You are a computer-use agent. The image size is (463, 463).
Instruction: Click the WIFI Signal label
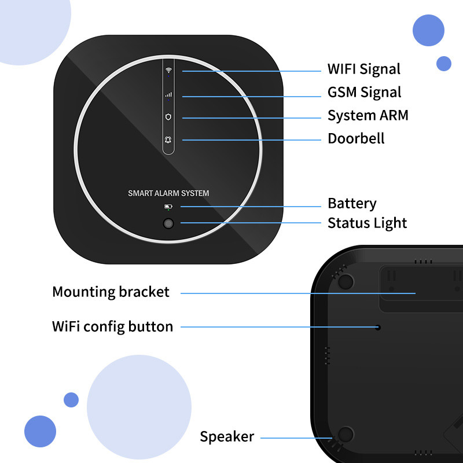(363, 69)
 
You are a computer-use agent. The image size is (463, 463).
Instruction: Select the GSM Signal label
(364, 92)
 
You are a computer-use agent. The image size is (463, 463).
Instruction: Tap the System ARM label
(368, 115)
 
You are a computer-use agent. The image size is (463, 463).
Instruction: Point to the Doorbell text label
(356, 138)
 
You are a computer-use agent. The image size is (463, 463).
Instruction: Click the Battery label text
(352, 204)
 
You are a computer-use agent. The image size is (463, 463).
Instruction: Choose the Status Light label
(367, 223)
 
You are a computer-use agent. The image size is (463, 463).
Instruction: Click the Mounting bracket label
(111, 292)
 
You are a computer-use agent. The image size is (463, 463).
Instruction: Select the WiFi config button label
(112, 326)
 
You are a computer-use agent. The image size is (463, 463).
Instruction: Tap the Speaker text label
(227, 436)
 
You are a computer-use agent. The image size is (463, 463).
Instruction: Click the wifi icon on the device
(168, 70)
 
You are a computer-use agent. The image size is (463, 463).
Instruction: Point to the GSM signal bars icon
(168, 94)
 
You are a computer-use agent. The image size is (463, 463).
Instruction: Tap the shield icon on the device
(168, 116)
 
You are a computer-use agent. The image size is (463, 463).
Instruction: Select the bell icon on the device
(168, 139)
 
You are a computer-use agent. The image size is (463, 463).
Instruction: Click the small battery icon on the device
(168, 207)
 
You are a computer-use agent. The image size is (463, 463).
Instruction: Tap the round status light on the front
(168, 223)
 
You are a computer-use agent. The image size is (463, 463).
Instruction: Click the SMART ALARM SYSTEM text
(168, 193)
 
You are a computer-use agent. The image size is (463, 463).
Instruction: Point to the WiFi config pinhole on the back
(378, 328)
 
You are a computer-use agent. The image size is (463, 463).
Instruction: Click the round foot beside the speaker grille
(346, 435)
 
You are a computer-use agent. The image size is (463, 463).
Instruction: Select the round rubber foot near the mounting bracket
(346, 281)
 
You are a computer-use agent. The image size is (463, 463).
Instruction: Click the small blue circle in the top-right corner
(444, 63)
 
